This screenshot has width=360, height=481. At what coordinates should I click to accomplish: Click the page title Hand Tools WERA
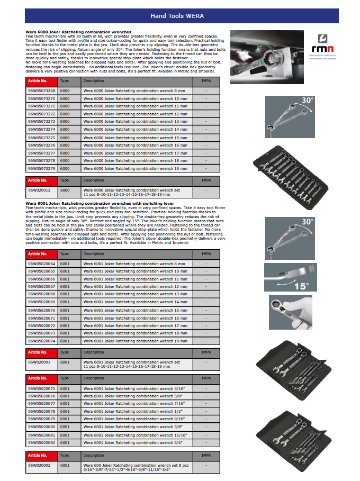177,16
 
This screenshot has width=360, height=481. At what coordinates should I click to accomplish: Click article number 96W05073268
41,91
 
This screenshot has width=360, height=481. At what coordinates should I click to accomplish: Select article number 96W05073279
41,168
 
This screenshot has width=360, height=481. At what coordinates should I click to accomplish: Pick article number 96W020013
39,189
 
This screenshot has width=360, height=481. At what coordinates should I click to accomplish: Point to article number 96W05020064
41,264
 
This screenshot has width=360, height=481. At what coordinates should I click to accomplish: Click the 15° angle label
301,286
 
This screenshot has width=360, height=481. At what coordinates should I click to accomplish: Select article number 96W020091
39,362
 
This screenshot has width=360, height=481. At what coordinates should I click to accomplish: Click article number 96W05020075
41,388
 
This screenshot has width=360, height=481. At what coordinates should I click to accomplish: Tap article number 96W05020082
41,442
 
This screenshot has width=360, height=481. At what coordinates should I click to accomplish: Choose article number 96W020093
39,465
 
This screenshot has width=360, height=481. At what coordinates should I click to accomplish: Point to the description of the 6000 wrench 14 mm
135,130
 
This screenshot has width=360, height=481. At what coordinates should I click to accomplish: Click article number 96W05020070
41,310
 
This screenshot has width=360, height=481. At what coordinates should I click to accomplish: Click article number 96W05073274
41,130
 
